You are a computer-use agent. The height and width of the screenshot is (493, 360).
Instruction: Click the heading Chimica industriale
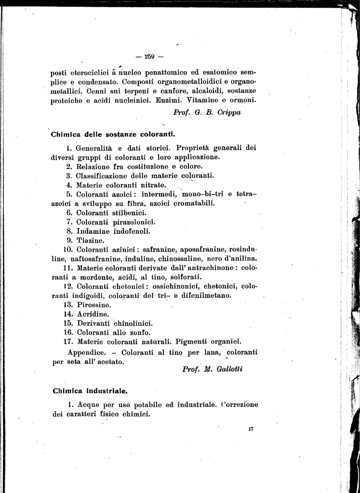point(90,390)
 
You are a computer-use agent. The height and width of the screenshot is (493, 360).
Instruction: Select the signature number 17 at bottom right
point(251,429)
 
